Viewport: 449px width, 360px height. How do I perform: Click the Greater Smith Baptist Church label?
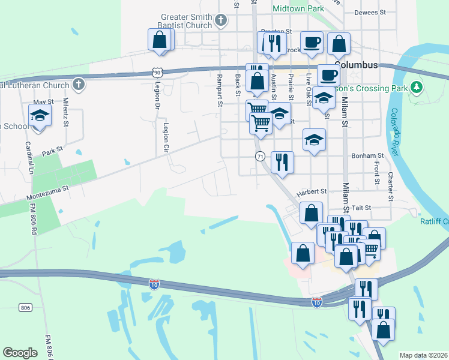point(186,21)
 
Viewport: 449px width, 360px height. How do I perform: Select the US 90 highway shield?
point(157,72)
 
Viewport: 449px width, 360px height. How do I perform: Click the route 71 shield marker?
point(260,156)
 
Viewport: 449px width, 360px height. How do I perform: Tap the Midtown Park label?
point(298,8)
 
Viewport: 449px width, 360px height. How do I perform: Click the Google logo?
point(20,352)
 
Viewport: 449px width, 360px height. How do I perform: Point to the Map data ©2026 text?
point(423,355)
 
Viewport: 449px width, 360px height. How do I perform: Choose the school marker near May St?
point(40,116)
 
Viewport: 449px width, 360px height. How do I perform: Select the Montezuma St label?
point(48,193)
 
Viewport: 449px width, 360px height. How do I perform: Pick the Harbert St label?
point(310,191)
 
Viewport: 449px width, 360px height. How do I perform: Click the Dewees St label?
point(370,12)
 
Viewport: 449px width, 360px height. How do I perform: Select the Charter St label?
point(390,187)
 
